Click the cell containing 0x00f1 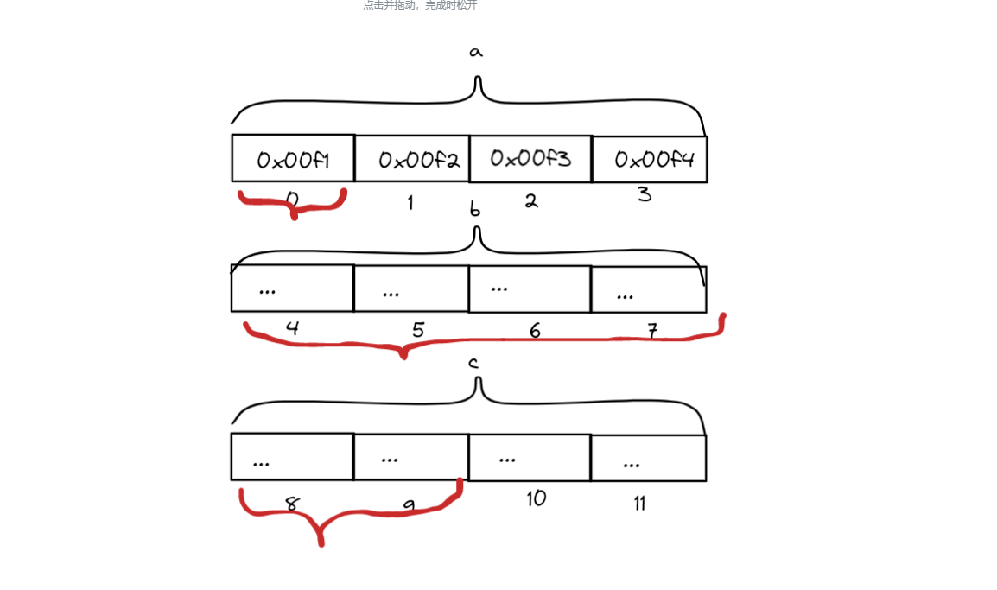[293, 159]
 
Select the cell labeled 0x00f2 [412, 160]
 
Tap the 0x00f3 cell [530, 159]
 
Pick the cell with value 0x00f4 [650, 160]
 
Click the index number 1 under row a [410, 203]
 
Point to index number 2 [531, 201]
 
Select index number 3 [645, 194]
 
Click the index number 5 [418, 330]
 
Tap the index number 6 [535, 331]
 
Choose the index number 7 [653, 330]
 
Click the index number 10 [536, 498]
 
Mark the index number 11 [639, 503]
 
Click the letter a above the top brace [475, 52]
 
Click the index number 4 [292, 328]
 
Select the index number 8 [292, 504]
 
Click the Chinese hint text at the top [420, 5]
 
